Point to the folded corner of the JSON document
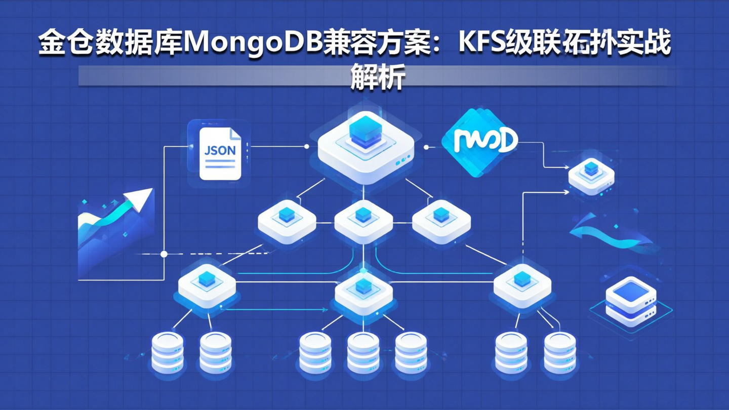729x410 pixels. click(235, 133)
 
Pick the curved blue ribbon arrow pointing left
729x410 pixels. click(613, 234)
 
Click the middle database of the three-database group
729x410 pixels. click(363, 352)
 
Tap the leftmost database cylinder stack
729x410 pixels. click(168, 352)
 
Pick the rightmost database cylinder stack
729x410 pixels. click(559, 352)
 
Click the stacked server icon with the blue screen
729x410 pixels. click(631, 301)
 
